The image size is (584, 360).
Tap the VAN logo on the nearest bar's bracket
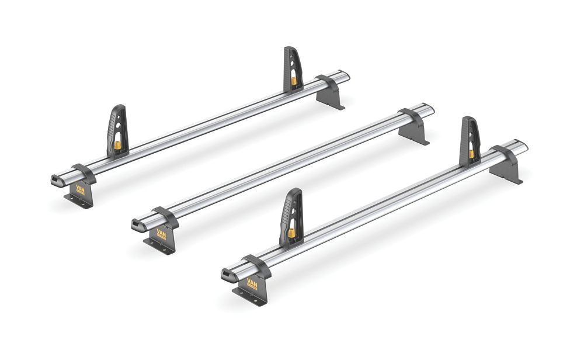point(252,285)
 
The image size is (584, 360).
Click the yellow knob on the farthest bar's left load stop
point(117,144)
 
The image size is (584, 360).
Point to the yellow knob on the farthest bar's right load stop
point(294,78)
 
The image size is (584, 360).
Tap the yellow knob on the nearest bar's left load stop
point(291,233)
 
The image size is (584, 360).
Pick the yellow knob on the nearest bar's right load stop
point(471,154)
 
